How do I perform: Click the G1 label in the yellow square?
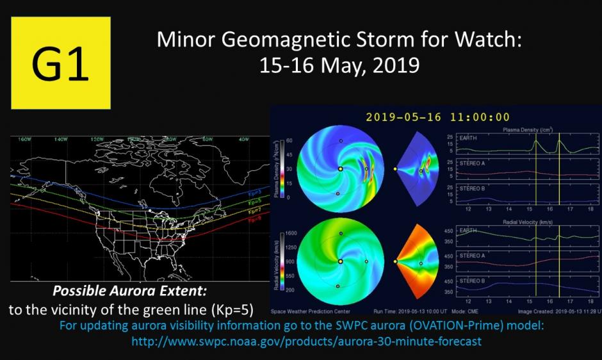click(x=60, y=63)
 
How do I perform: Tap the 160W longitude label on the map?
click(x=25, y=139)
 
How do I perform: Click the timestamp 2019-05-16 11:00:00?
click(x=437, y=117)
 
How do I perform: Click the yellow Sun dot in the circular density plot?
click(x=340, y=169)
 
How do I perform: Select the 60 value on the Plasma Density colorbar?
click(x=289, y=140)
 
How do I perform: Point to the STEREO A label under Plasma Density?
click(x=462, y=163)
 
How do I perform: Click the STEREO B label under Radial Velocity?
click(x=462, y=281)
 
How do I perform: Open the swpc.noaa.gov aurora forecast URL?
click(x=306, y=341)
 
